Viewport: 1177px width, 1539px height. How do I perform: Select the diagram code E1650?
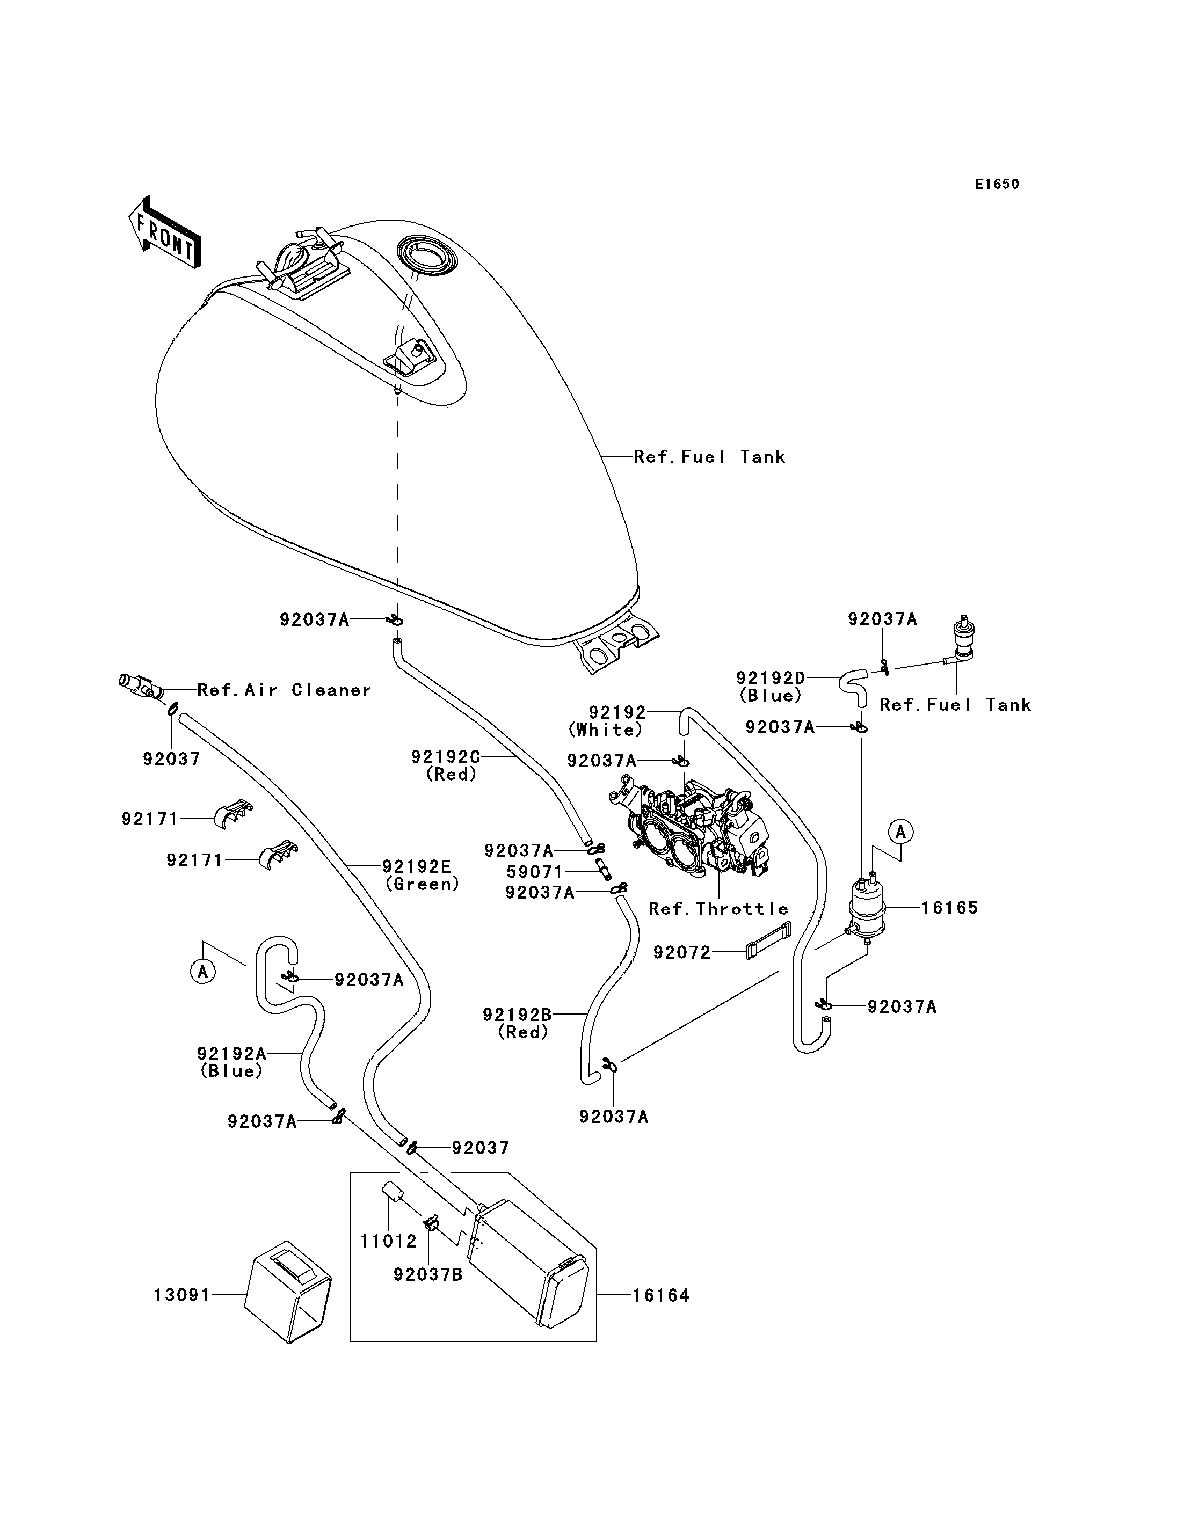pos(997,184)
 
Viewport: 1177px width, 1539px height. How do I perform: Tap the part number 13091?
pos(182,1295)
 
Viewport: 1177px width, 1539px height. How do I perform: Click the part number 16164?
pos(662,1295)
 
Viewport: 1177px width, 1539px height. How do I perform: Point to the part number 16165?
pos(949,907)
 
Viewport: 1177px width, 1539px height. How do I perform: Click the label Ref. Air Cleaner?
pos(284,690)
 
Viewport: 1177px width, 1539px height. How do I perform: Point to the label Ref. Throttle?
pos(718,909)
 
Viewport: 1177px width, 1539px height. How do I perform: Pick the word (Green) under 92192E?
pos(423,884)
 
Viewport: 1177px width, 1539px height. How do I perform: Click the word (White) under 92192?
pos(605,730)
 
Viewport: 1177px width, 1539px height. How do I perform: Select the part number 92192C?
pos(446,756)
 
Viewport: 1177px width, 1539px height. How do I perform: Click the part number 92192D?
pos(771,678)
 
